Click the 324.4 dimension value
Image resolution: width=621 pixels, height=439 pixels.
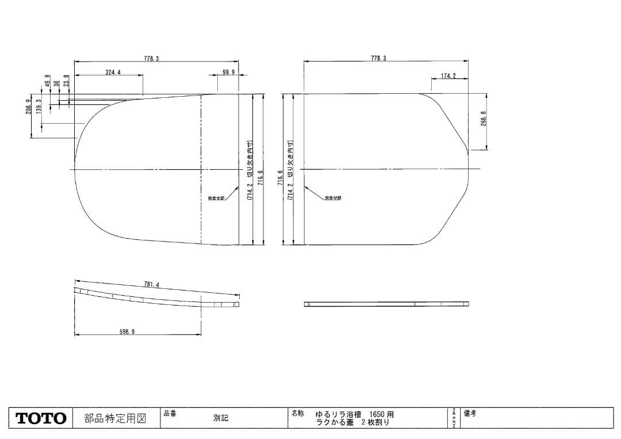click(113, 72)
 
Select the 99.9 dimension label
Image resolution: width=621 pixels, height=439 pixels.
click(229, 72)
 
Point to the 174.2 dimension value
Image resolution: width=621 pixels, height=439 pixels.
click(448, 76)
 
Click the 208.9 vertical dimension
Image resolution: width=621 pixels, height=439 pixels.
click(28, 107)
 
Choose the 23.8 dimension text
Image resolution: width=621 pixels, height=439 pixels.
click(66, 81)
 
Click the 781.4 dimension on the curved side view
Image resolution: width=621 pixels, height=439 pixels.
click(151, 284)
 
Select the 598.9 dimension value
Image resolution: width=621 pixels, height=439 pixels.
click(127, 332)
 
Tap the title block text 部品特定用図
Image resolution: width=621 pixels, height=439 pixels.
click(115, 418)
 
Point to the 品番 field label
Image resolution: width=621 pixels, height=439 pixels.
click(170, 413)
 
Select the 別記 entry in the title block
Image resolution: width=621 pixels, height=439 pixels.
click(220, 418)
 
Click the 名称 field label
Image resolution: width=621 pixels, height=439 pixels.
click(298, 413)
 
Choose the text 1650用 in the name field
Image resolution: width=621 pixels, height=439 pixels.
click(382, 414)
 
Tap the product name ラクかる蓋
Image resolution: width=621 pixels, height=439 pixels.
click(334, 423)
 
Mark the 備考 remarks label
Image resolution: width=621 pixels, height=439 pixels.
click(470, 413)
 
